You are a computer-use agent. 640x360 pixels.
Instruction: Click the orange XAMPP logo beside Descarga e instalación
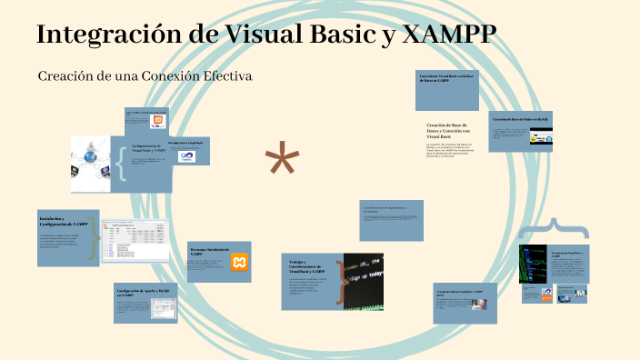point(239,263)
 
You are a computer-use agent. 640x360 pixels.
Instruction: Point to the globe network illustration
point(91,164)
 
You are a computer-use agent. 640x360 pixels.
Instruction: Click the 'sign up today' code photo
point(363,277)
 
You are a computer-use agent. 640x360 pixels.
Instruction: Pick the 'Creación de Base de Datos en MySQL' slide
point(521,119)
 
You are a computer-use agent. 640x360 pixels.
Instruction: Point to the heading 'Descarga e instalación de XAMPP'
point(205,251)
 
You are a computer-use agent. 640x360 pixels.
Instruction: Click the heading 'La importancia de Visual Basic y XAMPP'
point(149,148)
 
